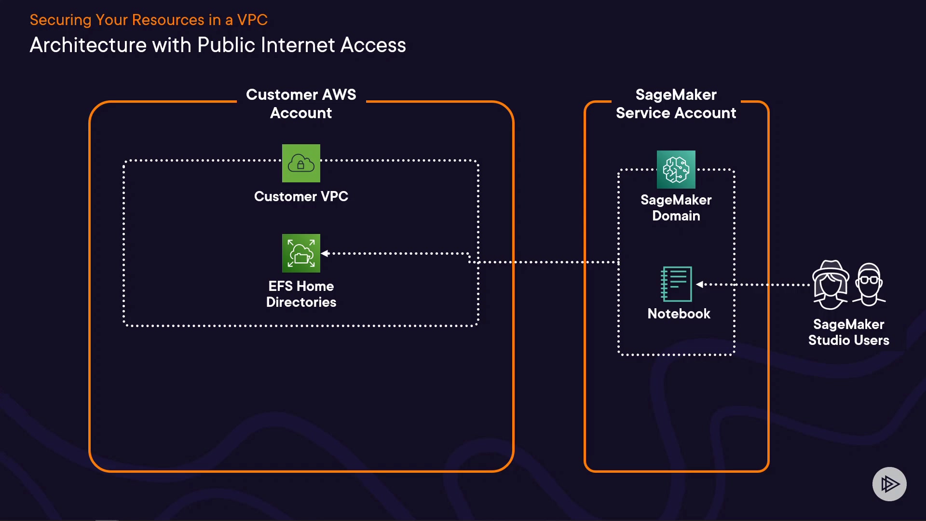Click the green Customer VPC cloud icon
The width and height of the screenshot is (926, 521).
pos(301,164)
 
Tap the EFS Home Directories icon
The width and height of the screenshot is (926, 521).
pos(301,253)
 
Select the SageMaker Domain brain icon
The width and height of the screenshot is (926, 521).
pos(676,170)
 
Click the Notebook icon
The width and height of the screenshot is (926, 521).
pos(676,284)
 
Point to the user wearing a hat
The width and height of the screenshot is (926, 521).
pos(830,285)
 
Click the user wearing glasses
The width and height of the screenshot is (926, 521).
pos(869,285)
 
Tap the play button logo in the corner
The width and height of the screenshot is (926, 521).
pos(889,484)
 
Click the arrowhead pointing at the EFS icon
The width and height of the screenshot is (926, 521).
pos(325,253)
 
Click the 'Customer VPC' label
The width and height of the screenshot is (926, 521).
pos(301,196)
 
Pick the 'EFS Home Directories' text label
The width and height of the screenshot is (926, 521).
pos(301,294)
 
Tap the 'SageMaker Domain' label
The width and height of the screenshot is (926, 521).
pos(676,207)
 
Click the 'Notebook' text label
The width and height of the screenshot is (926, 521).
pos(679,314)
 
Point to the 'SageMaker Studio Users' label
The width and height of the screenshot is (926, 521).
pos(848,332)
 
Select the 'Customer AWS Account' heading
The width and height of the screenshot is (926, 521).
pos(301,104)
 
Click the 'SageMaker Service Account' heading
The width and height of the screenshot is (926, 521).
pos(676,104)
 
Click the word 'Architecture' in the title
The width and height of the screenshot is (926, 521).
pos(88,45)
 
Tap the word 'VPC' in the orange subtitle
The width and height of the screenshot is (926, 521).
pos(252,20)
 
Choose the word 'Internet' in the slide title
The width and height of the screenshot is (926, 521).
pos(298,45)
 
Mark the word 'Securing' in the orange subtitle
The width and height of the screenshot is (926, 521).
pos(60,20)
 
